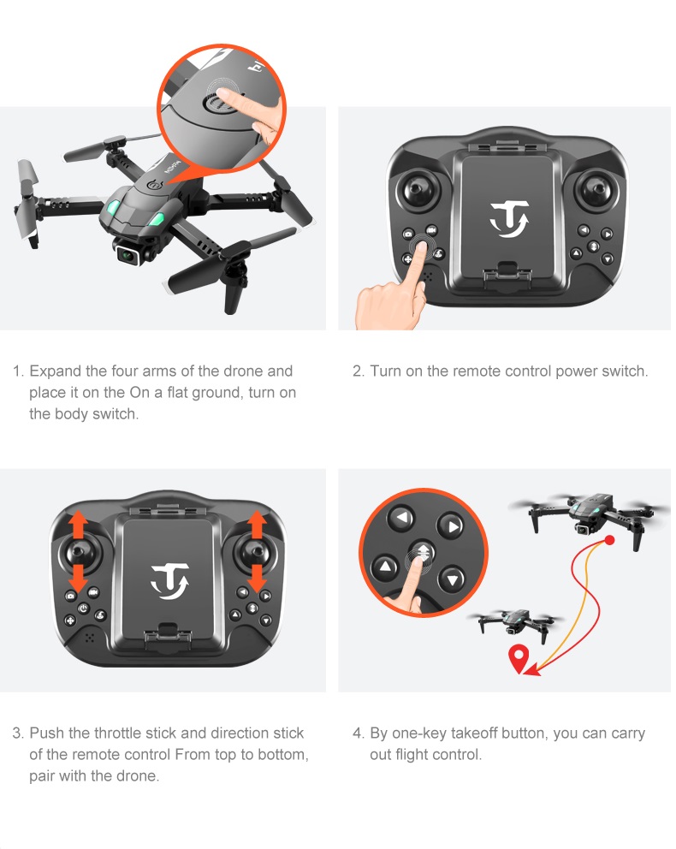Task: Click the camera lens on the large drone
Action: point(128,254)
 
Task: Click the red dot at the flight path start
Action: point(610,540)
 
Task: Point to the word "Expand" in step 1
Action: point(56,371)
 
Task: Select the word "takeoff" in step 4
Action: point(474,733)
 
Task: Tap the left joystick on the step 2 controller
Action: point(419,191)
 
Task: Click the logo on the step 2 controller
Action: point(509,219)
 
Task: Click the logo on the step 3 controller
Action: point(169,581)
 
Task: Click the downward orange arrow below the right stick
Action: point(256,578)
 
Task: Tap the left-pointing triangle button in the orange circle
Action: point(401,518)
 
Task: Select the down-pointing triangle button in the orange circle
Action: point(452,579)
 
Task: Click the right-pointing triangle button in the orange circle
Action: point(451,525)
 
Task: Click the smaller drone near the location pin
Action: point(514,624)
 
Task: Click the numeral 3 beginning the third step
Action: point(16,733)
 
